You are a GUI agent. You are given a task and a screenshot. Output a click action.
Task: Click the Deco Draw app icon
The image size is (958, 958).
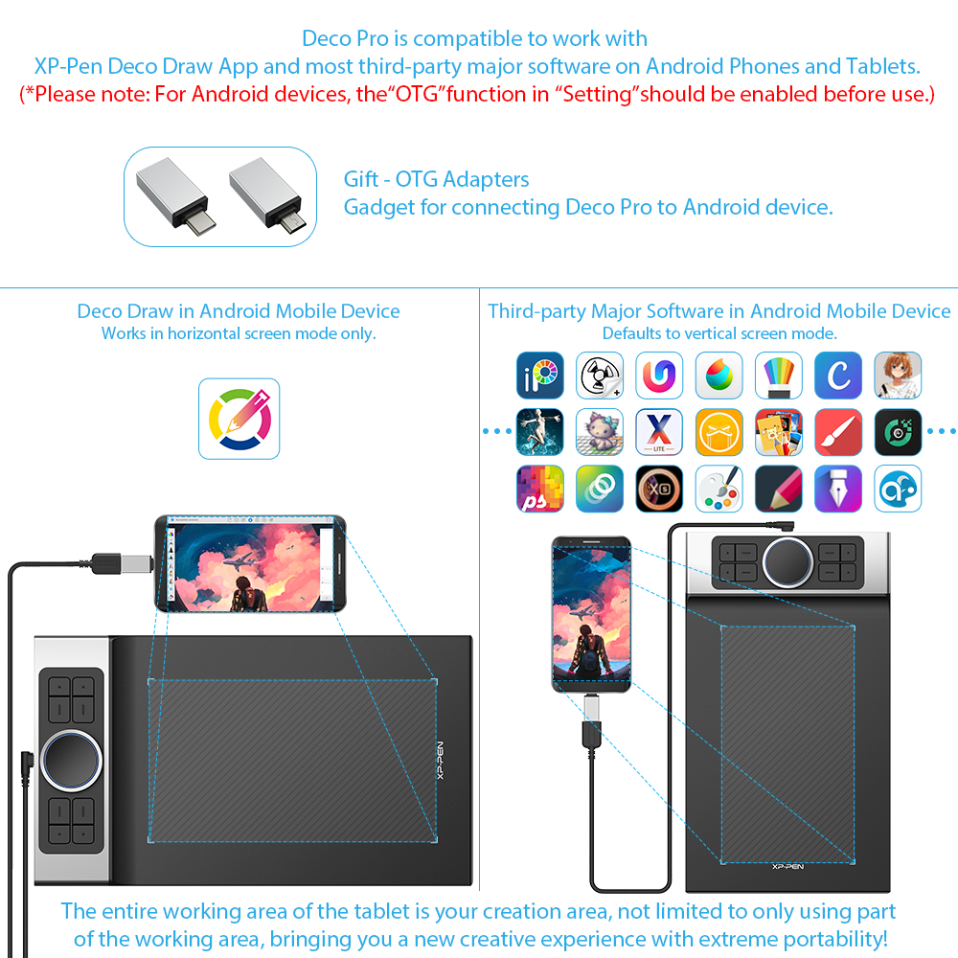239,419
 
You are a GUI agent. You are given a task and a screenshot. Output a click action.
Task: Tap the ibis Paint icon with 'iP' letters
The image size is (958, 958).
540,376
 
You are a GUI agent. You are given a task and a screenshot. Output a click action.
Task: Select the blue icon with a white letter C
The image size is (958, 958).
838,376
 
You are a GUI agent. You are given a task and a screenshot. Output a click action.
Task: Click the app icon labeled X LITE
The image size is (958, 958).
659,432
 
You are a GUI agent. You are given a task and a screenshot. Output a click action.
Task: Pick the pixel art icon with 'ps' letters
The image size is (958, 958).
540,489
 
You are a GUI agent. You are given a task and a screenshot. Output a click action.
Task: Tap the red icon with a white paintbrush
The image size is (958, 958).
838,432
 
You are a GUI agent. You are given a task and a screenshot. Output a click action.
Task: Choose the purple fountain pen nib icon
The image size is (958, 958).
838,489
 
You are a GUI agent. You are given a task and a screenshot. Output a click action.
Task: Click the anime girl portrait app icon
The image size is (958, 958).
898,376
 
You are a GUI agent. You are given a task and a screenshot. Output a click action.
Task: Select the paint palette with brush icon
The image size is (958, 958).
719,489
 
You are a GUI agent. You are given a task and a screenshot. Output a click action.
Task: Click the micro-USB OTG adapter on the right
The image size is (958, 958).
266,194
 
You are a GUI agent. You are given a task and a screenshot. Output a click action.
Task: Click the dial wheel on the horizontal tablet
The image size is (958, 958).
71,760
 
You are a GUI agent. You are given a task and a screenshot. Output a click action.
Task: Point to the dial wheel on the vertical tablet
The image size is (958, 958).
787,561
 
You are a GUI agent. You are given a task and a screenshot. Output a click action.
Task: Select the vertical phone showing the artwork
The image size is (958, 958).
591,614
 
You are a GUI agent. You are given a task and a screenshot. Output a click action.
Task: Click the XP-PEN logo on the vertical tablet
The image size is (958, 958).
787,866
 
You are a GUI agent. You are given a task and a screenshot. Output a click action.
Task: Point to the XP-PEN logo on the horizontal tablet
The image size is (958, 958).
440,760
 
